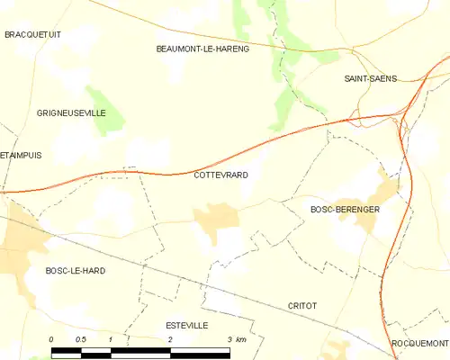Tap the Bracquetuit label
(x=31, y=34)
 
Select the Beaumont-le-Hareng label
(x=202, y=49)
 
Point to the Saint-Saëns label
(x=372, y=79)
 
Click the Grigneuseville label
(x=71, y=113)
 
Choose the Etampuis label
(x=22, y=155)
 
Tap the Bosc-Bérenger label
(x=345, y=209)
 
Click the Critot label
(x=302, y=306)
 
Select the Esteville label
(x=187, y=325)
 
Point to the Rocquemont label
(x=419, y=344)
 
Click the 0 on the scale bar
(x=51, y=339)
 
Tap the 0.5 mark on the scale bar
(x=80, y=339)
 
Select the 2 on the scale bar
(x=170, y=339)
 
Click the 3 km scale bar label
(x=236, y=339)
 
